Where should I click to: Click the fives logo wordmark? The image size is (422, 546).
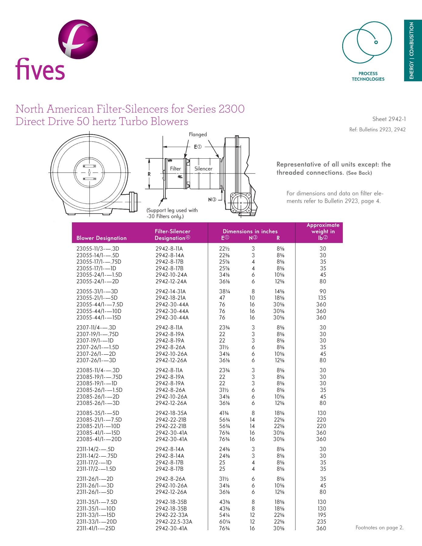click(x=40, y=69)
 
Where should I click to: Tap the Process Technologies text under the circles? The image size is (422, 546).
click(x=368, y=76)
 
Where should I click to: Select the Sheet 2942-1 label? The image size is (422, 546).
click(x=389, y=119)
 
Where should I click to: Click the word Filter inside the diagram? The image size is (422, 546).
click(x=175, y=169)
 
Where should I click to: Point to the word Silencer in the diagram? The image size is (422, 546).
click(x=203, y=169)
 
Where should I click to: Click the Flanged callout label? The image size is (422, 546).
click(x=198, y=134)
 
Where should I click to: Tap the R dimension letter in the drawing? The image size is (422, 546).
click(x=149, y=174)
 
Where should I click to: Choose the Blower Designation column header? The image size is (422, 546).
click(x=101, y=238)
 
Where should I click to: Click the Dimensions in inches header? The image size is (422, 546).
click(x=250, y=231)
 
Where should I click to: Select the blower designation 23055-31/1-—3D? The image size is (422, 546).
click(x=97, y=292)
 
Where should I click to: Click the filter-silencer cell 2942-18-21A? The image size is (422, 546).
click(x=170, y=298)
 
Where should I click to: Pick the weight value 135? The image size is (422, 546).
click(x=322, y=298)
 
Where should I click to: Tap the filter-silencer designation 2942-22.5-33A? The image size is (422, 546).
click(x=174, y=522)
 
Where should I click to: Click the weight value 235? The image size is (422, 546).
click(x=322, y=522)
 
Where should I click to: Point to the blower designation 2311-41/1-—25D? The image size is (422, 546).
click(x=96, y=528)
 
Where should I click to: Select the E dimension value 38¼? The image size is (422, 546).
click(x=225, y=292)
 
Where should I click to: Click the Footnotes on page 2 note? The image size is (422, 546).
click(x=379, y=528)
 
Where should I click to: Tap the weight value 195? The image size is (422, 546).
click(x=322, y=515)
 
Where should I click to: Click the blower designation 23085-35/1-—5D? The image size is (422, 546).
click(x=98, y=413)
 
